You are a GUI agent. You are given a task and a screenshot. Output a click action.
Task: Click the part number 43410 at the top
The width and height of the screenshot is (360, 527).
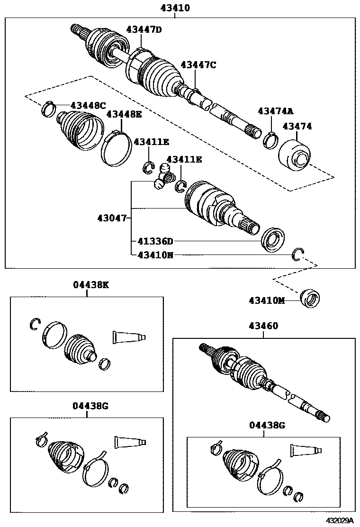click(175, 8)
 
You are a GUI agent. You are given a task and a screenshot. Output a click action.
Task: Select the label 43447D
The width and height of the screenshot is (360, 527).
click(144, 29)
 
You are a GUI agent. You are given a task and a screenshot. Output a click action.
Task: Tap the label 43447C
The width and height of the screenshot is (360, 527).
click(198, 65)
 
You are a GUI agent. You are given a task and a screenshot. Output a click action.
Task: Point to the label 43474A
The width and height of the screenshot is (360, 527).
click(276, 111)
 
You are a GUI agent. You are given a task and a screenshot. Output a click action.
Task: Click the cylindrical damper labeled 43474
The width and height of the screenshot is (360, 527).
click(294, 154)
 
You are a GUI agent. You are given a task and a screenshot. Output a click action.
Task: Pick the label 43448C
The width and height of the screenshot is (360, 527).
click(88, 105)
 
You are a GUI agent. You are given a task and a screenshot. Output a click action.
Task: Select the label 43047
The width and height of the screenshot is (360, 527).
click(112, 218)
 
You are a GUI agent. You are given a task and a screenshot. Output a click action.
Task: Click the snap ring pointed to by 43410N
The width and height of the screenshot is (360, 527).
click(297, 254)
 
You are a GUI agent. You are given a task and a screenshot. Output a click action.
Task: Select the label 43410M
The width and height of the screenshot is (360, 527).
click(267, 300)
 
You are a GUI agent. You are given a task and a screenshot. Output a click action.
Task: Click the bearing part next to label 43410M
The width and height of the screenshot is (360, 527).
click(310, 299)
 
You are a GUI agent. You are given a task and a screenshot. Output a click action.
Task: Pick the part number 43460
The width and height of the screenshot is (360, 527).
click(263, 326)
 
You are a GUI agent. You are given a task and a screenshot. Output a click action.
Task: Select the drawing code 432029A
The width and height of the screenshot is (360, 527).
click(340, 520)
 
